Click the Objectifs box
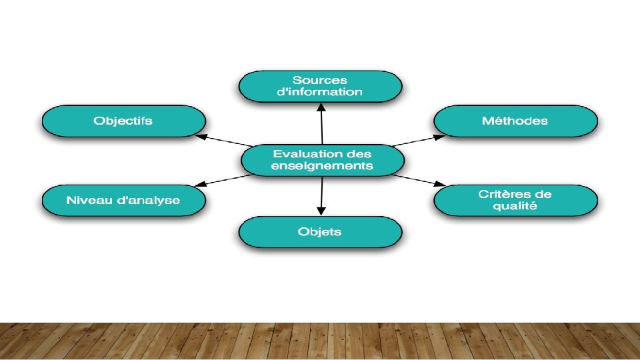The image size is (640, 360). tap(123, 121)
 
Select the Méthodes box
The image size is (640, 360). tap(515, 121)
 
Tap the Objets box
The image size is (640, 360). tap(320, 232)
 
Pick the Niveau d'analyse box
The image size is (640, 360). tap(123, 200)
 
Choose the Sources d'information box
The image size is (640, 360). tap(320, 87)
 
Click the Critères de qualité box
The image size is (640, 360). tap(515, 200)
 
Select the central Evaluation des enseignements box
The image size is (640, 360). tap(322, 160)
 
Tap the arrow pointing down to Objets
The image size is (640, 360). tap(321, 195)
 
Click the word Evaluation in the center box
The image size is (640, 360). tap(301, 154)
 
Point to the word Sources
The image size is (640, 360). tap(320, 81)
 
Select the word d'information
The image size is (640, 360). tap(320, 93)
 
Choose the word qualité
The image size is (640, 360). tap(515, 206)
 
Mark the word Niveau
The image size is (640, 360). tap(89, 200)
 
